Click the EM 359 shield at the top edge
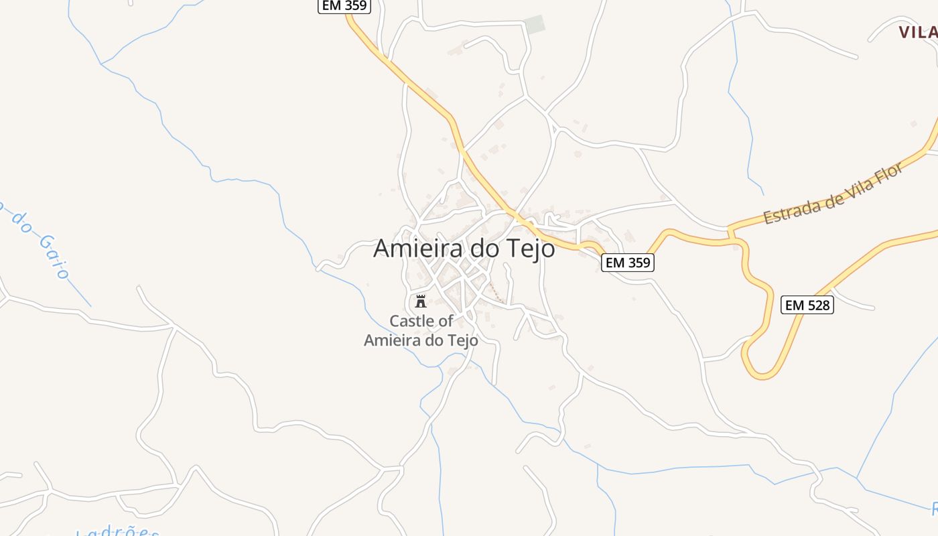pyautogui.click(x=344, y=5)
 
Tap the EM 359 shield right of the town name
pyautogui.click(x=627, y=263)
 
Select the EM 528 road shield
pyautogui.click(x=807, y=306)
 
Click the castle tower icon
pyautogui.click(x=421, y=301)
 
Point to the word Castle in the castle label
pyautogui.click(x=411, y=321)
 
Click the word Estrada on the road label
pyautogui.click(x=791, y=210)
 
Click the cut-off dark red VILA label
pyautogui.click(x=919, y=31)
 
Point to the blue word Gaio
pyautogui.click(x=54, y=257)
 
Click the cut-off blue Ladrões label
pyautogui.click(x=118, y=532)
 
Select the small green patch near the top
pyautogui.click(x=535, y=25)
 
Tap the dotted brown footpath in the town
pyautogui.click(x=496, y=293)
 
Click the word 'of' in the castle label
pyautogui.click(x=445, y=321)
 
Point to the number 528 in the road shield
pyautogui.click(x=817, y=306)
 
